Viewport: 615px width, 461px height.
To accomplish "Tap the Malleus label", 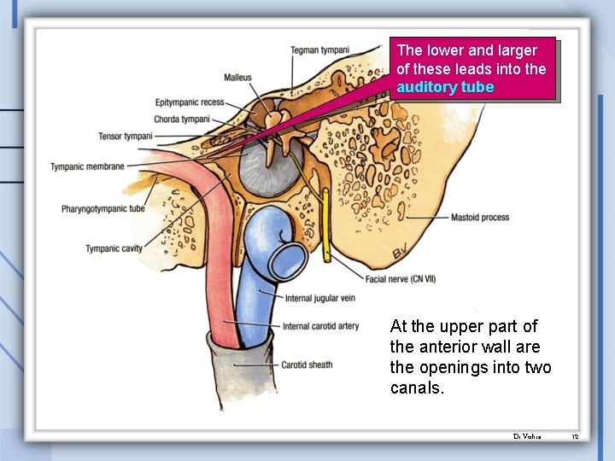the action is (x=237, y=78).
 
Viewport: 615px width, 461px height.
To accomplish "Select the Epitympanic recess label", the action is (x=189, y=102).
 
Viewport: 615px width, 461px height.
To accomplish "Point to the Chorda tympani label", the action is (x=182, y=119).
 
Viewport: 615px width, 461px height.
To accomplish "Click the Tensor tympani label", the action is (x=125, y=136).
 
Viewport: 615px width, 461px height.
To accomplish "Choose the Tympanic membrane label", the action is (x=87, y=166).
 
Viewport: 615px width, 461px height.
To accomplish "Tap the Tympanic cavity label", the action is (x=114, y=249).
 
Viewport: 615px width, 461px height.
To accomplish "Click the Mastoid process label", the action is (x=480, y=218).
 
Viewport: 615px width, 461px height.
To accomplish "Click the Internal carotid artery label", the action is (x=321, y=326).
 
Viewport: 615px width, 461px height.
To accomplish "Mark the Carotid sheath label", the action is (x=307, y=365).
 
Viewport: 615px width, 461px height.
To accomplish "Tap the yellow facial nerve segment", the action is (x=326, y=226).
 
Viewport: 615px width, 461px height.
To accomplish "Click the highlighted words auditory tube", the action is (x=445, y=87).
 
